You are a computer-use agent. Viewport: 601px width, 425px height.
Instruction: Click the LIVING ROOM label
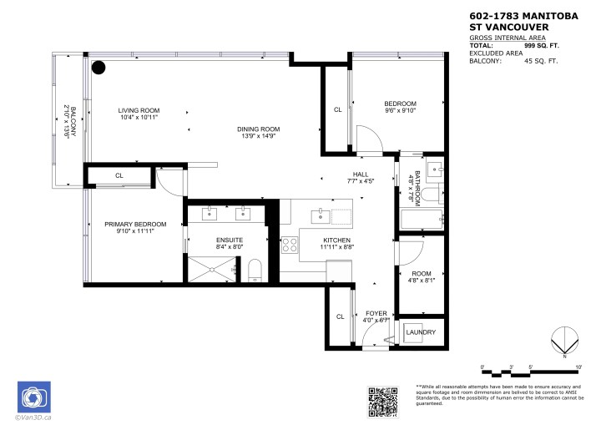(x=139, y=110)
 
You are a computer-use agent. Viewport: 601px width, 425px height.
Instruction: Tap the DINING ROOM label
(x=258, y=129)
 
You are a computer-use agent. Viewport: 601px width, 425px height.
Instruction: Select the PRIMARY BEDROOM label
(x=135, y=224)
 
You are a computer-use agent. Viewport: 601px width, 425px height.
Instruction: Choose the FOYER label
(x=376, y=312)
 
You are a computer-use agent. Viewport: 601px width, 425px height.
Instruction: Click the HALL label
(x=361, y=173)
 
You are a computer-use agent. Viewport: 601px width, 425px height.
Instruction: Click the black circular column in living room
(x=98, y=68)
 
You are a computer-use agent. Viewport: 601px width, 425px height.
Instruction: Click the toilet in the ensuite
(x=256, y=269)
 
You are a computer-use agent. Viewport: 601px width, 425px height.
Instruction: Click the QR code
(x=385, y=401)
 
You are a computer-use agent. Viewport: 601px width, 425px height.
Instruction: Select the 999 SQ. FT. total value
(x=540, y=46)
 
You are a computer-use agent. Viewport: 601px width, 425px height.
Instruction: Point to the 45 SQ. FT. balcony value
(x=540, y=61)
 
